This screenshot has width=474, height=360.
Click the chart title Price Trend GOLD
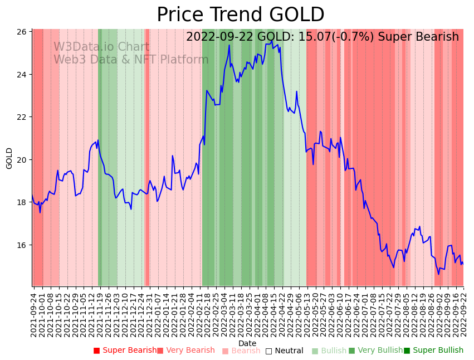click(240, 15)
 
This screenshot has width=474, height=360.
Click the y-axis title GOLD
click(9, 158)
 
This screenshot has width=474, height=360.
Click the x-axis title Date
click(247, 343)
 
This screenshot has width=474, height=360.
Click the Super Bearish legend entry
click(125, 351)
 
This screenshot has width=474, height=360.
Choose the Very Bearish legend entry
click(185, 351)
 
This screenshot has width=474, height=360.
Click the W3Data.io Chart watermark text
click(101, 47)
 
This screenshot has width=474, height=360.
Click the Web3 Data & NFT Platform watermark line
click(131, 60)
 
